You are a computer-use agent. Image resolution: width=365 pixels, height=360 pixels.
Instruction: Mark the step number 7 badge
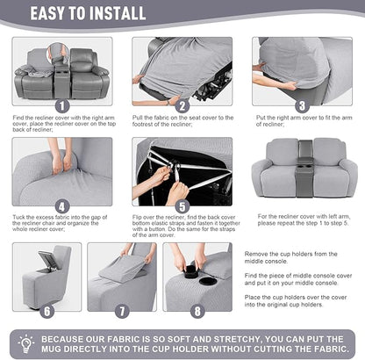tap(123, 309)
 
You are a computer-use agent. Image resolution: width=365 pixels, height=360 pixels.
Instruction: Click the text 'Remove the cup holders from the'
tap(286, 251)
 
